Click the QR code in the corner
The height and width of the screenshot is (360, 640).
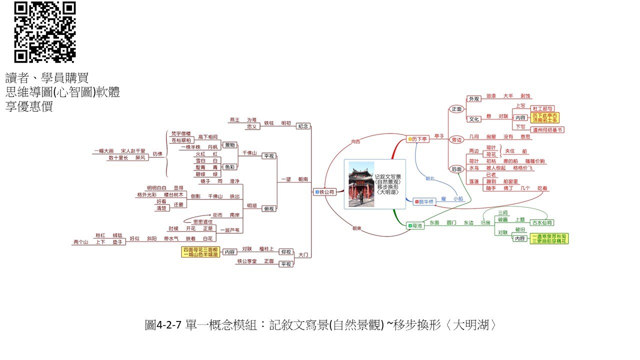tap(45, 32)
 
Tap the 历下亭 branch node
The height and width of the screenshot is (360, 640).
tap(417, 138)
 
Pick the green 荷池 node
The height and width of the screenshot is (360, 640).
tap(415, 226)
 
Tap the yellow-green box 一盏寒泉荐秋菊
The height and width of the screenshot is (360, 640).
tap(549, 238)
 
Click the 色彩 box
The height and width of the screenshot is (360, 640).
tap(229, 167)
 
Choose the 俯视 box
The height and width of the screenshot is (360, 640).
tap(269, 208)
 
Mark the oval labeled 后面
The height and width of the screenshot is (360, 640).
tap(456, 169)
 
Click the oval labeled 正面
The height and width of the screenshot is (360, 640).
tap(456, 109)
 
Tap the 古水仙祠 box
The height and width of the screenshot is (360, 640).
tap(542, 222)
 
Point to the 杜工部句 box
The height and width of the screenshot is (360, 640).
tap(542, 108)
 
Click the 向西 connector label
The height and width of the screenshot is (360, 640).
tap(355, 142)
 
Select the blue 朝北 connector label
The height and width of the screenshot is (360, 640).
tap(430, 178)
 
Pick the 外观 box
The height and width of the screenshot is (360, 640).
tap(473, 99)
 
